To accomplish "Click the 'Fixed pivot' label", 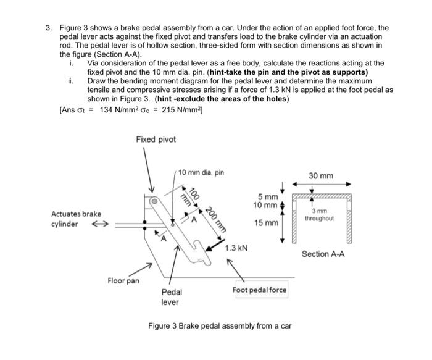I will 156,140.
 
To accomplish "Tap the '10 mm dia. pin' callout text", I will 201,172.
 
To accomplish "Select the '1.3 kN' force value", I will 236,248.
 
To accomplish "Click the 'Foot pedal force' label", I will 259,290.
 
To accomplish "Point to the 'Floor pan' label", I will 124,281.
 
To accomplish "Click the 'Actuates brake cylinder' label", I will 76,219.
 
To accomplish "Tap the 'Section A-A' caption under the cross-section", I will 323,254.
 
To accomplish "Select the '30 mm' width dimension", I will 321,176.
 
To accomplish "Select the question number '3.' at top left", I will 48,28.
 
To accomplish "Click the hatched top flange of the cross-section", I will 321,196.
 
